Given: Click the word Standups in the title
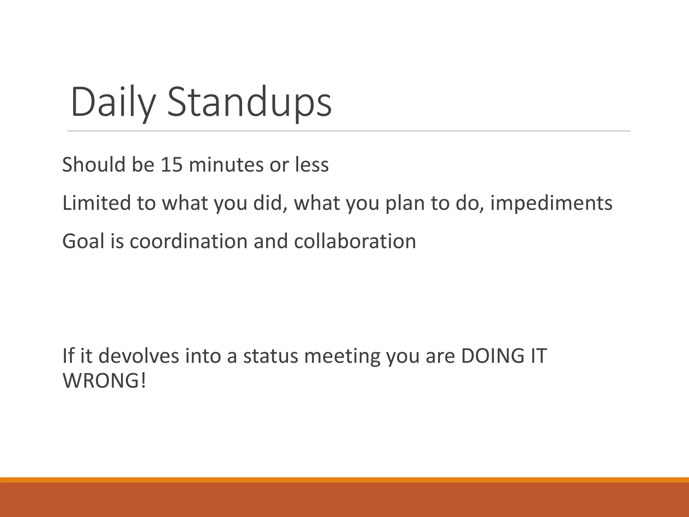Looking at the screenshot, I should coord(249,102).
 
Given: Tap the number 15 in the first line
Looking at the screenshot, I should coord(172,165).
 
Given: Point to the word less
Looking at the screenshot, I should coord(312,165).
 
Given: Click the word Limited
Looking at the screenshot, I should coord(97,203).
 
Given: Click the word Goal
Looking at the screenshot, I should coord(83,241).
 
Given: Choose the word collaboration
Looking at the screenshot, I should coord(355,241).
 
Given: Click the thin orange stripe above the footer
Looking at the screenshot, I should coord(344,480).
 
